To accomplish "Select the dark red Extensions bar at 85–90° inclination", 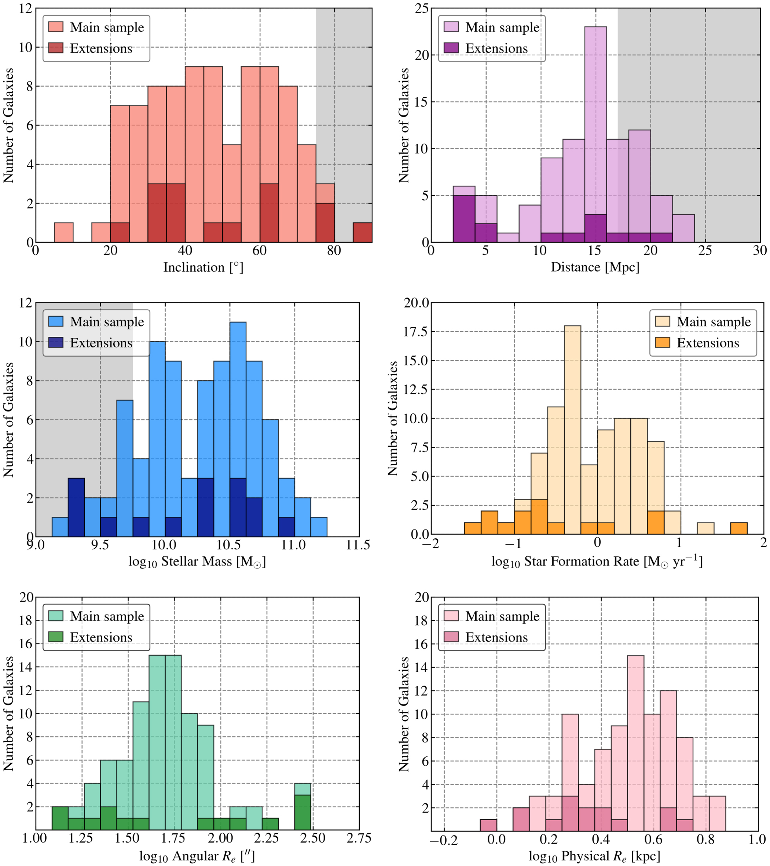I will [x=362, y=232].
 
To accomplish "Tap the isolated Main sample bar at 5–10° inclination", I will [x=63, y=232].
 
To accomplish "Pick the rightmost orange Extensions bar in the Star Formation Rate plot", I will [x=738, y=528].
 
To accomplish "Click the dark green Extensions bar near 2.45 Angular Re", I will [x=302, y=812].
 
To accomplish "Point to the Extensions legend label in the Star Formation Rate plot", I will [x=708, y=342].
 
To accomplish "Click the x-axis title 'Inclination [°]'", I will [x=203, y=267].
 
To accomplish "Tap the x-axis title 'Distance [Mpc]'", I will [x=595, y=267].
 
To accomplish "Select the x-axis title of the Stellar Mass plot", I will [x=197, y=562].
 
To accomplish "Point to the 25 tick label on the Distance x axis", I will [x=705, y=251].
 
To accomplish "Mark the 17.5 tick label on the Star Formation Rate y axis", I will [x=417, y=331].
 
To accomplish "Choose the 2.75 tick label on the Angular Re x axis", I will [x=359, y=838].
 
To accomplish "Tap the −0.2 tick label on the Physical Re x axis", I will [x=444, y=839].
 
